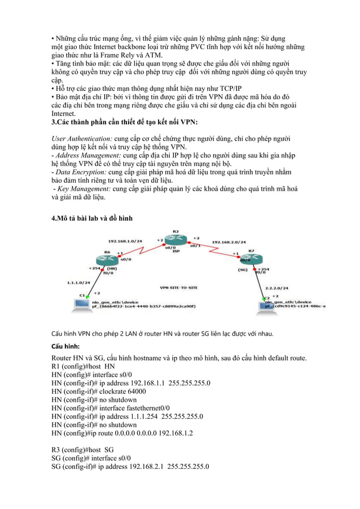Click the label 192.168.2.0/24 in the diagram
point(229,242)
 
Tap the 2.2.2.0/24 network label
point(276,288)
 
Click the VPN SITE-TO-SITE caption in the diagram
point(179,287)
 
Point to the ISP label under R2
point(175,251)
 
